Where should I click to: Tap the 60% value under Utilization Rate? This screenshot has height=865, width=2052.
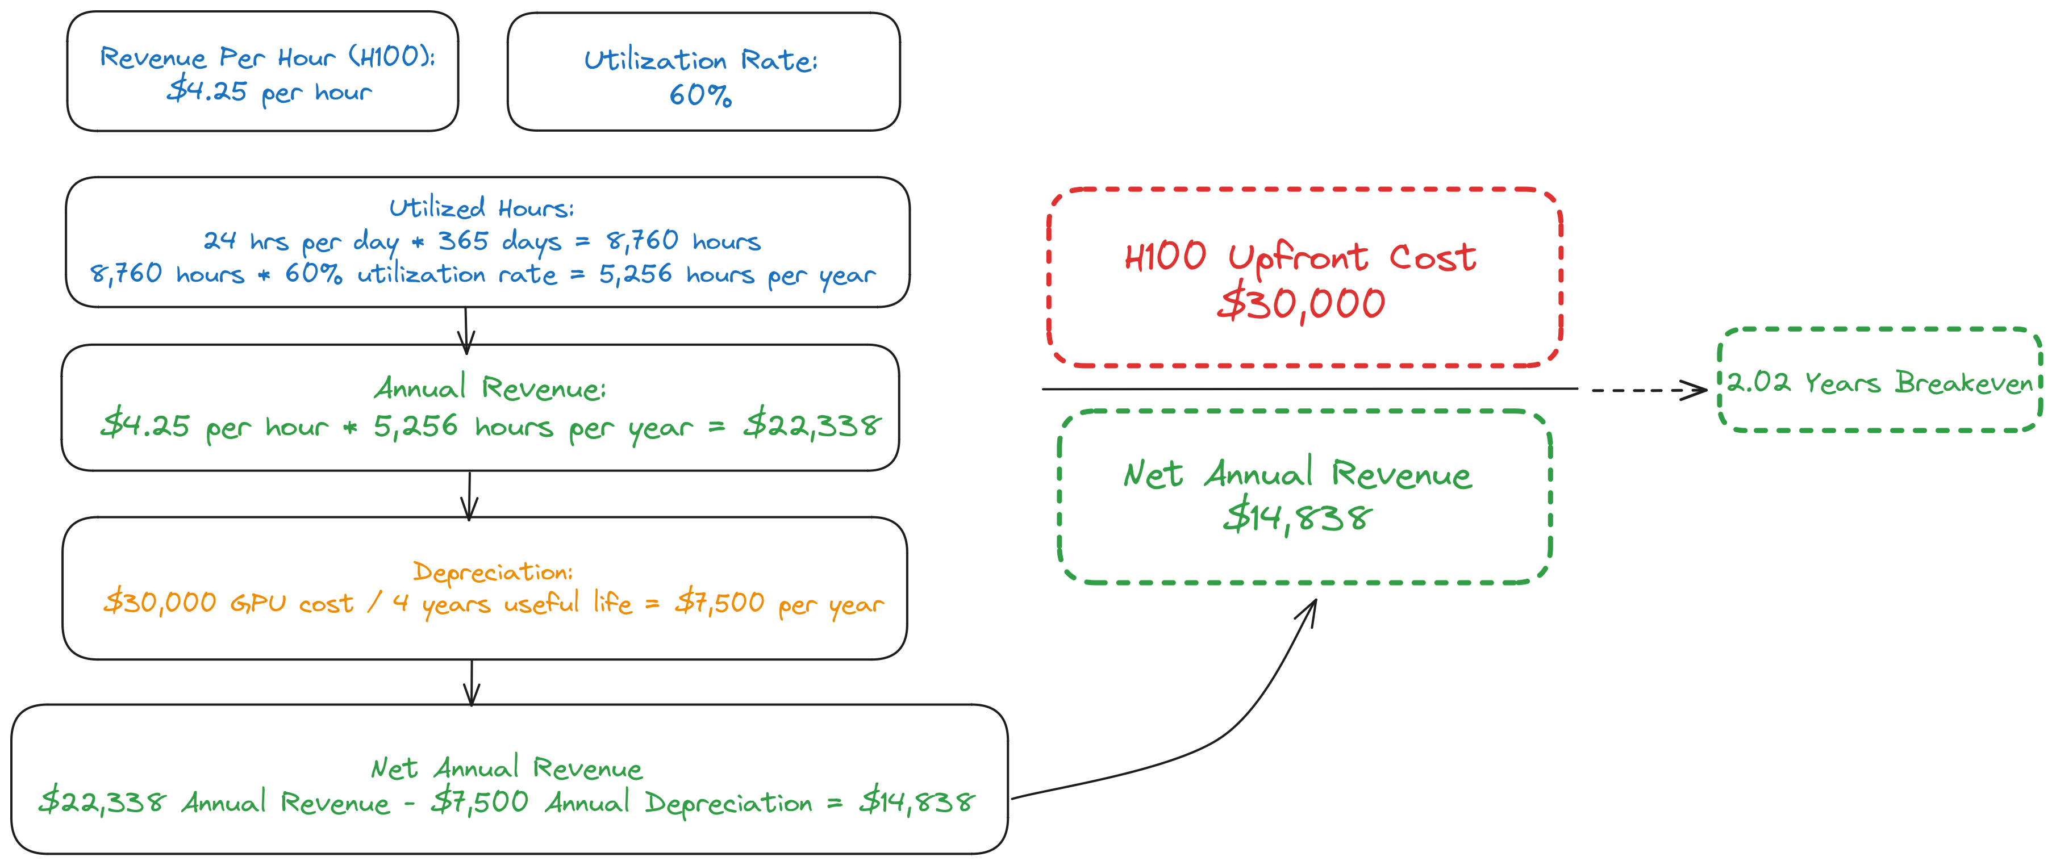(700, 95)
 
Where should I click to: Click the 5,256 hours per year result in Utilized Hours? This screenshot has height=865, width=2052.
(737, 275)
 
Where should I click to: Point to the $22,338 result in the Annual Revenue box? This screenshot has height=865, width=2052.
(812, 426)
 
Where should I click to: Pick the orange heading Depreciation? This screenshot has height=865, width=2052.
(493, 572)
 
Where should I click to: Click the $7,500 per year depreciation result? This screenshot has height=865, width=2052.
(779, 604)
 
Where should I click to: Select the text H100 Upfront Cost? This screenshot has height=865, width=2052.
(1300, 257)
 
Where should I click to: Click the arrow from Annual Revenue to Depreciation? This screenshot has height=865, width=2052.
(469, 495)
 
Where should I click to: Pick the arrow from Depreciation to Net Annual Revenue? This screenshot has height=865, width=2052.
(472, 683)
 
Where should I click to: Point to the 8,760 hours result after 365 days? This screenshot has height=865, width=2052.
(683, 241)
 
